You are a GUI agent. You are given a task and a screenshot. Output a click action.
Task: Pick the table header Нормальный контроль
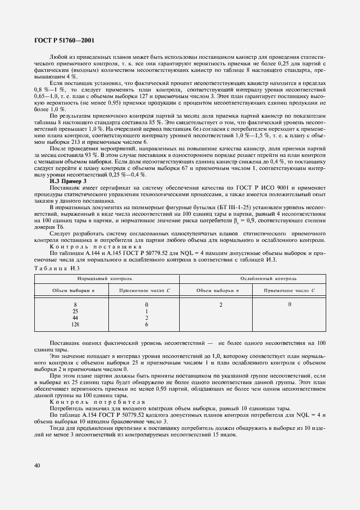(x=107, y=278)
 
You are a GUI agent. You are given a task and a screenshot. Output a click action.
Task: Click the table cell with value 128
(x=75, y=325)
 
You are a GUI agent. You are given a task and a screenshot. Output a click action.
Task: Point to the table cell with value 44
(x=75, y=318)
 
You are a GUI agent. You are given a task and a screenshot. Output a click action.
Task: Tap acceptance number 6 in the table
(x=147, y=325)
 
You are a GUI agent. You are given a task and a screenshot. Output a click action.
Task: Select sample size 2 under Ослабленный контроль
(x=221, y=304)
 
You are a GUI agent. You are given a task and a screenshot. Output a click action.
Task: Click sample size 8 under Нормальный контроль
(x=75, y=304)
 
